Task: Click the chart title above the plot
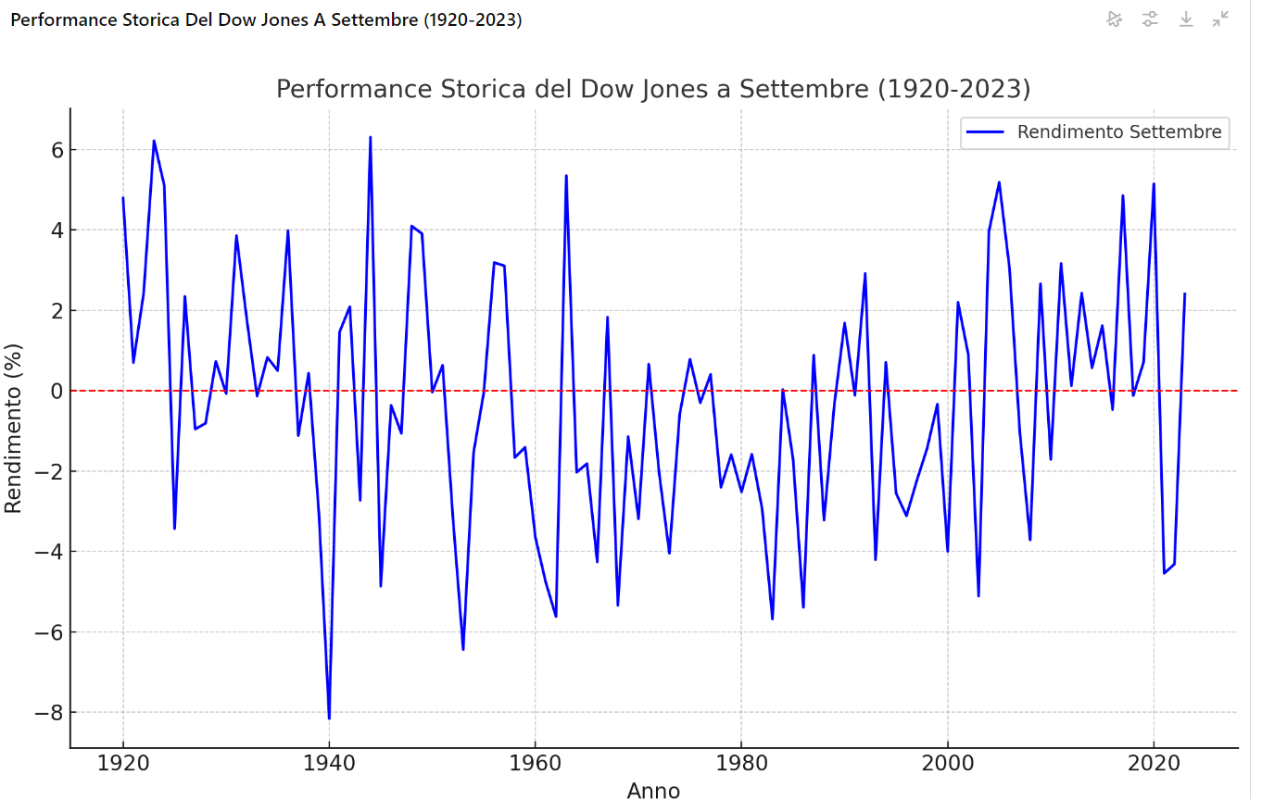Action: tap(653, 90)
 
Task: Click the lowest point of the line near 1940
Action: tap(329, 718)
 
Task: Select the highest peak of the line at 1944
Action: tap(371, 137)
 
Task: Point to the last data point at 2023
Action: tap(1184, 293)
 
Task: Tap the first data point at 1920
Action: tap(123, 197)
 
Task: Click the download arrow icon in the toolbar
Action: tap(1186, 19)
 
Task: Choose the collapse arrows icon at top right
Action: tap(1221, 19)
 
